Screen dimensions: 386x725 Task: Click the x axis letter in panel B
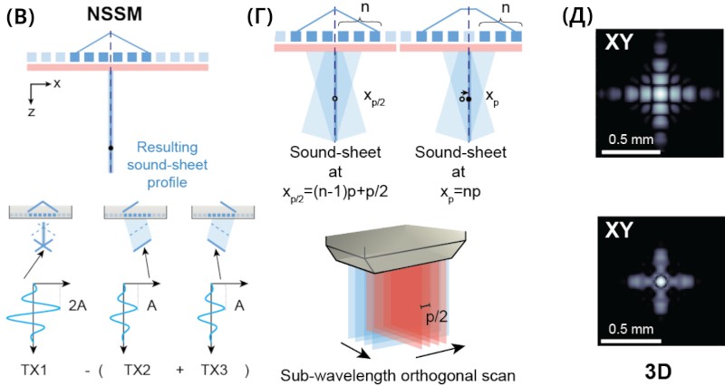click(x=56, y=84)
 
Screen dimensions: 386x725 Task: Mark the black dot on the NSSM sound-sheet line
click(x=111, y=147)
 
